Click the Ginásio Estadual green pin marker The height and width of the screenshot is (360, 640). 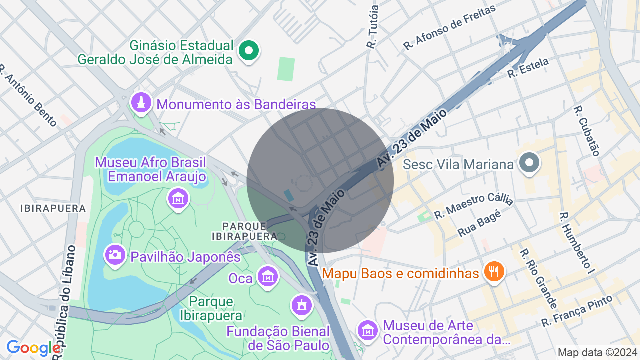[x=248, y=50]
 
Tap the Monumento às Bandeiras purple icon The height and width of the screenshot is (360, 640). [x=142, y=103]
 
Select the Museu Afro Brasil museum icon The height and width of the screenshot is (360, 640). [x=178, y=198]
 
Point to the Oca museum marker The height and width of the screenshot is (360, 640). [x=268, y=276]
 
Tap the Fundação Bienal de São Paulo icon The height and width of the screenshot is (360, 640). [x=301, y=305]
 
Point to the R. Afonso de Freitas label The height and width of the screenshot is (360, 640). [x=449, y=27]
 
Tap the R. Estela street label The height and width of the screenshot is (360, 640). [x=528, y=68]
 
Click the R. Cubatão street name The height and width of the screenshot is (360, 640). [x=586, y=131]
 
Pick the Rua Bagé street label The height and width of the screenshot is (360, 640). [x=479, y=226]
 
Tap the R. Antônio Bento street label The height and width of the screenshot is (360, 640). [x=28, y=95]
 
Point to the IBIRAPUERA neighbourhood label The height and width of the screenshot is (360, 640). [x=53, y=208]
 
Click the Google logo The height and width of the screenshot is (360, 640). [x=33, y=348]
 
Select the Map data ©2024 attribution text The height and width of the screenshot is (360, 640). [x=597, y=352]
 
